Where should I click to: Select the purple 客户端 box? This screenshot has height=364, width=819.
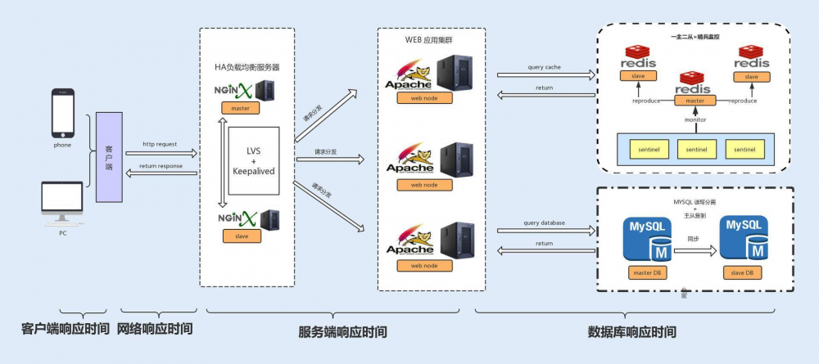109,157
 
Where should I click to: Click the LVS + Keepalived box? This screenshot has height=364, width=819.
254,160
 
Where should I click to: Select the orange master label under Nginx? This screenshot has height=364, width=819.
241,108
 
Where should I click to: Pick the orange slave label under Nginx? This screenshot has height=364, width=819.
241,236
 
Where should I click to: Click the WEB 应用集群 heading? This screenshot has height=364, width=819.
431,40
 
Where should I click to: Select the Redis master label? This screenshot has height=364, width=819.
695,101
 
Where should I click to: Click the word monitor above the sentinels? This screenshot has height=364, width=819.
695,120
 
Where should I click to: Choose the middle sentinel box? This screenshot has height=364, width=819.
697,150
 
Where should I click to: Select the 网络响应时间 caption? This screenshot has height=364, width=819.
156,329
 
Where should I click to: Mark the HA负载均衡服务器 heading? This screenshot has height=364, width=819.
247,66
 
